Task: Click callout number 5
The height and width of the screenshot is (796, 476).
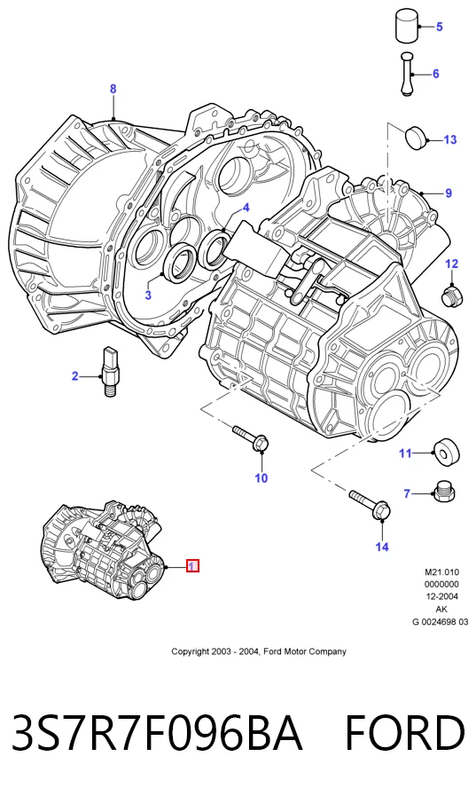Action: click(439, 27)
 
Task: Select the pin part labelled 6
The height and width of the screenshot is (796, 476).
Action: click(407, 74)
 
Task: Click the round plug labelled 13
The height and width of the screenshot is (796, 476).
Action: click(416, 137)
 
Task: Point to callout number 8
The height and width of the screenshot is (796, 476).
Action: click(113, 90)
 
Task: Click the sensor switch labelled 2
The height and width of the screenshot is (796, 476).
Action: click(110, 372)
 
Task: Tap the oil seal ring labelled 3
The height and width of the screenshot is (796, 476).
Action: click(181, 263)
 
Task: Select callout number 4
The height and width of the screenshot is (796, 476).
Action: click(246, 208)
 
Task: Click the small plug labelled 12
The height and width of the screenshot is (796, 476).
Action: click(450, 296)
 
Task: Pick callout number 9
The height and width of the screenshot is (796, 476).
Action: click(449, 193)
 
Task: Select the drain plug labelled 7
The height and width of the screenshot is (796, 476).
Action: click(444, 492)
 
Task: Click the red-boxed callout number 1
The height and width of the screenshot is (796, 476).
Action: click(192, 565)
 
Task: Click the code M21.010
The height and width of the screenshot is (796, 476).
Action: click(441, 572)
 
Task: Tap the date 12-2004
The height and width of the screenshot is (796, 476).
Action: click(441, 596)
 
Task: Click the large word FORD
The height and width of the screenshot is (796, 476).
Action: click(404, 732)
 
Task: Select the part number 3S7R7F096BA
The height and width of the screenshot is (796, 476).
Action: click(157, 732)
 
